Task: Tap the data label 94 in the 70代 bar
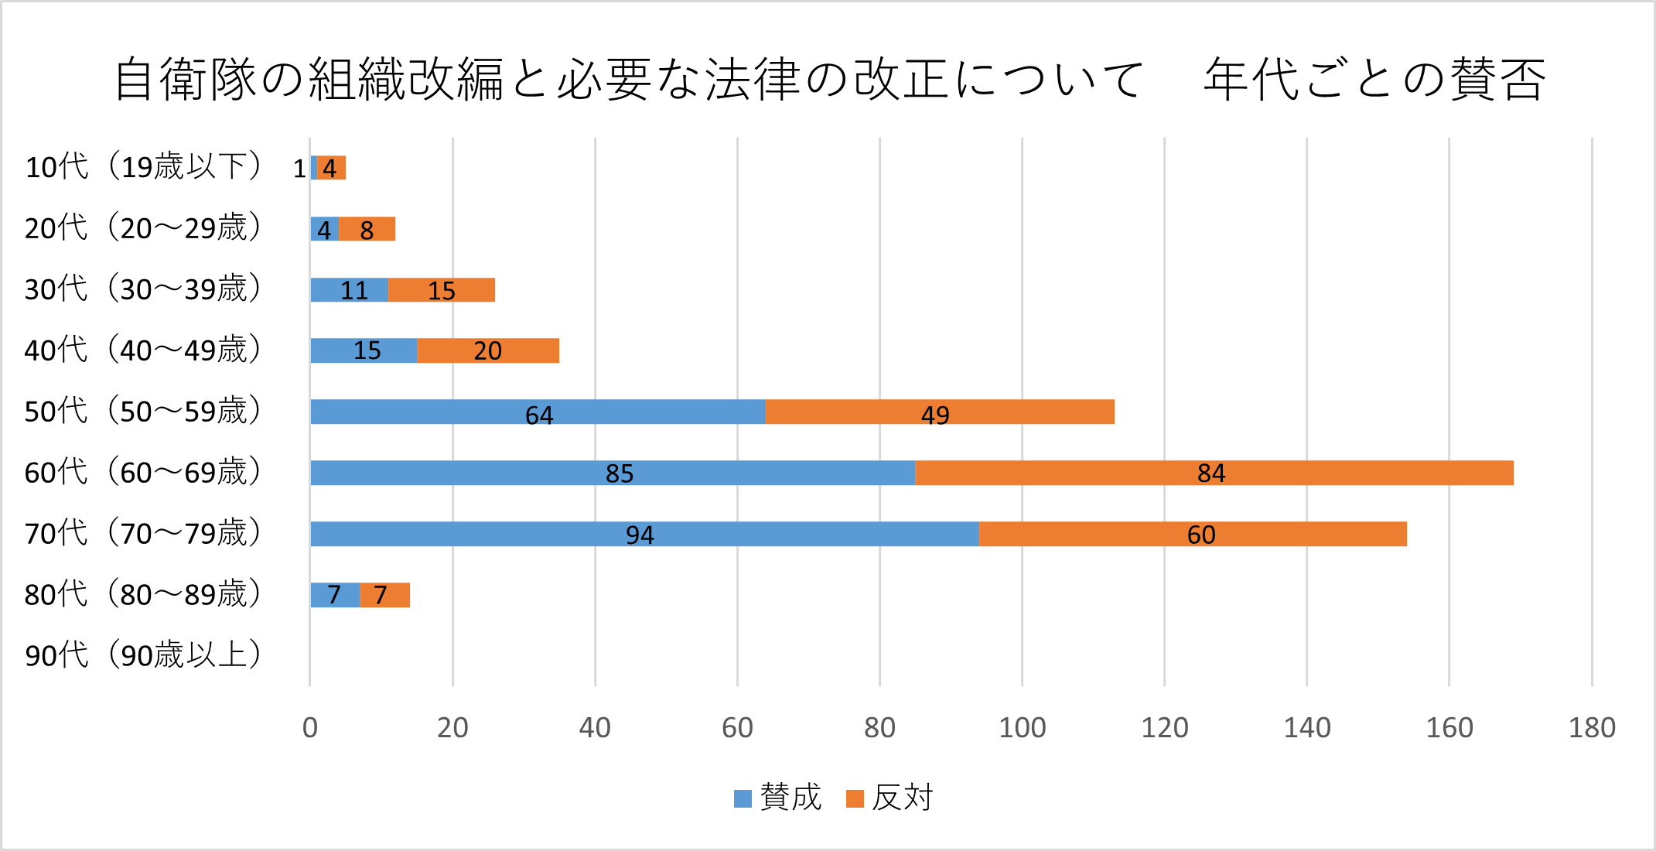coord(640,535)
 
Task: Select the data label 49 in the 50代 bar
coord(935,415)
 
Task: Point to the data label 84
coord(1211,473)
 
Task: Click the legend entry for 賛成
coord(777,798)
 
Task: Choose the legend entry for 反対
coord(889,798)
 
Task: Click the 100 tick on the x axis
coord(1022,728)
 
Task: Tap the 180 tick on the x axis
coord(1592,728)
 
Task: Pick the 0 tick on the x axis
coord(310,728)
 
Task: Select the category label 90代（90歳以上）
coord(144,655)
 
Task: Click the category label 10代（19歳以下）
coord(144,167)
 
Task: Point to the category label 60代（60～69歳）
coord(144,472)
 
